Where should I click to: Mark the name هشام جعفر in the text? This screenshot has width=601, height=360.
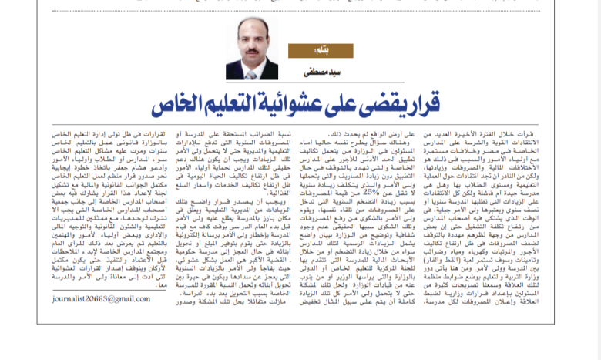point(99,166)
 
